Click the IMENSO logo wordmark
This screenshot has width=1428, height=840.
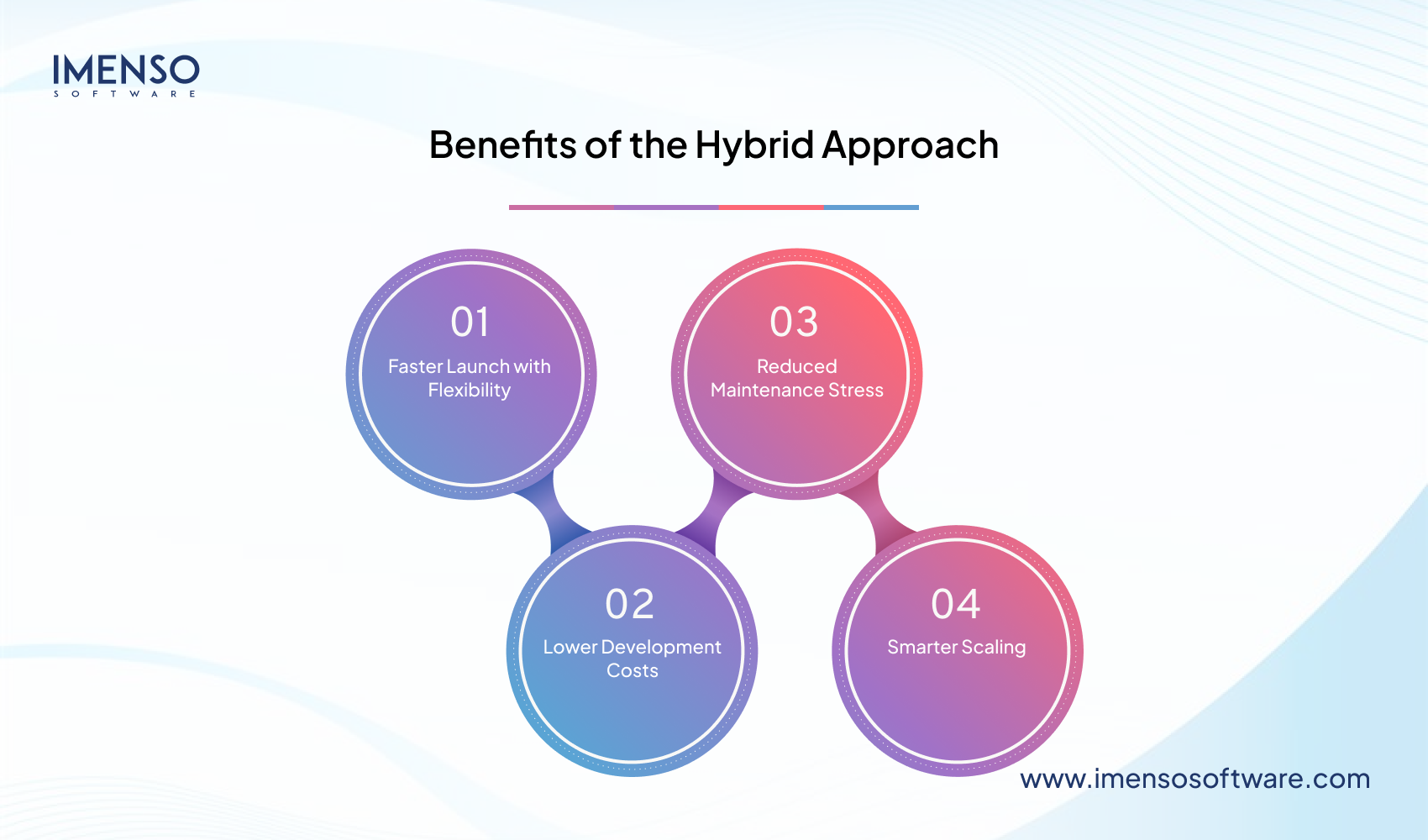pos(126,71)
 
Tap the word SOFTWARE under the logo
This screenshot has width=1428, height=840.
pos(125,94)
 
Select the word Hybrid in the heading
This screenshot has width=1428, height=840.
pos(753,145)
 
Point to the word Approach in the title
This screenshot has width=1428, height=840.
pos(910,145)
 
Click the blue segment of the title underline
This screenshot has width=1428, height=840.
pos(871,207)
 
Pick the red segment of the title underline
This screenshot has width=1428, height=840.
pos(771,207)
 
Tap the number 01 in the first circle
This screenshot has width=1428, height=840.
pos(470,322)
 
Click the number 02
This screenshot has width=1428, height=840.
pos(630,604)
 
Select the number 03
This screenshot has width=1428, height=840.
pos(794,322)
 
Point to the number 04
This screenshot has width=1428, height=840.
pos(956,604)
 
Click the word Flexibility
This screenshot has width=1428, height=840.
pos(469,391)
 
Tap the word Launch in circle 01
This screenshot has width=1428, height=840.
pos(478,366)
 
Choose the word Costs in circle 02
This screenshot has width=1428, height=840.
pos(633,670)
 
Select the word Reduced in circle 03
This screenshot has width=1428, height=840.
pos(796,366)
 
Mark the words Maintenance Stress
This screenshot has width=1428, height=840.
pos(796,390)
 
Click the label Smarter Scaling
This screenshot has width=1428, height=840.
pos(956,647)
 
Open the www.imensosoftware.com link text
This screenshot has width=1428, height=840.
pos(1194,779)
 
